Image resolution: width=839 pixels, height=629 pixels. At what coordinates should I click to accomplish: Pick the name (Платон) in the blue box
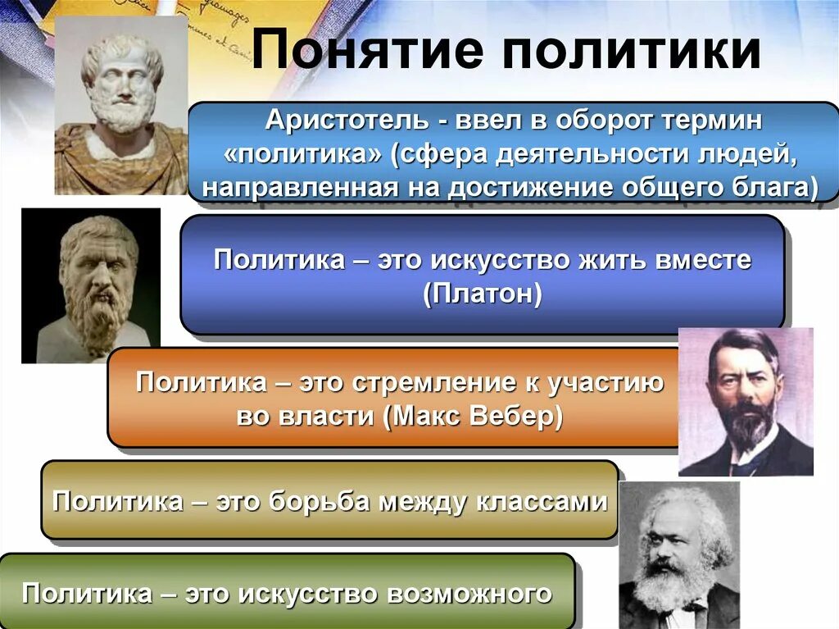tap(483, 294)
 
